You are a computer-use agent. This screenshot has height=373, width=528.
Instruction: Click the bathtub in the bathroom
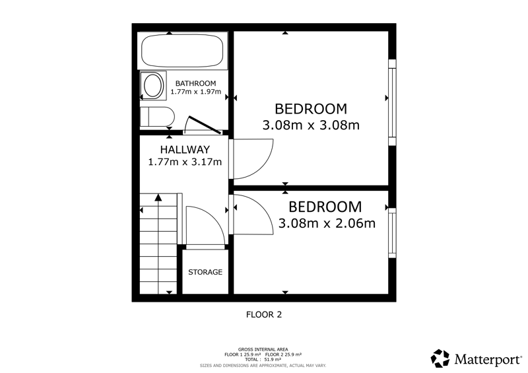[x=182, y=51]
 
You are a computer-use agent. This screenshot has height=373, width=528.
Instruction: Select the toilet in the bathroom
[x=157, y=117]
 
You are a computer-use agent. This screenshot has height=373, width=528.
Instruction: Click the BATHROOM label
[x=195, y=83]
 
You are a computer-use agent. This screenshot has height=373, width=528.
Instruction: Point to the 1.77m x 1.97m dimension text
[x=195, y=92]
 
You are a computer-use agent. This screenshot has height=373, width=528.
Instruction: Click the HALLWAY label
[x=185, y=149]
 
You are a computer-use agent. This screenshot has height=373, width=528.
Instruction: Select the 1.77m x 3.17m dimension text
[x=185, y=162]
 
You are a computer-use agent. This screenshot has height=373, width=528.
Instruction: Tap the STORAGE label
[x=205, y=272]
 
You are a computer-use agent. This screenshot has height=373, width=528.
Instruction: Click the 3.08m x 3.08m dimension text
[x=311, y=125]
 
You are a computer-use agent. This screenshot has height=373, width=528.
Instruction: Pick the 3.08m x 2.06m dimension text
[x=327, y=223]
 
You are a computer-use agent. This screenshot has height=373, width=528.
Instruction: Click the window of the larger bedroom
[x=392, y=102]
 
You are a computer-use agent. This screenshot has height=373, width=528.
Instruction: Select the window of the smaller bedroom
[x=392, y=233]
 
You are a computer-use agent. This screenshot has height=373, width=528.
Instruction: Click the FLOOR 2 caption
[x=264, y=315]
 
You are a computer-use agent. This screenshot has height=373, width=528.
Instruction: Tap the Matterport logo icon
[x=440, y=358]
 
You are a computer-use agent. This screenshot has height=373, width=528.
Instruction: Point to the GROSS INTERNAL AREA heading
[x=263, y=349]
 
